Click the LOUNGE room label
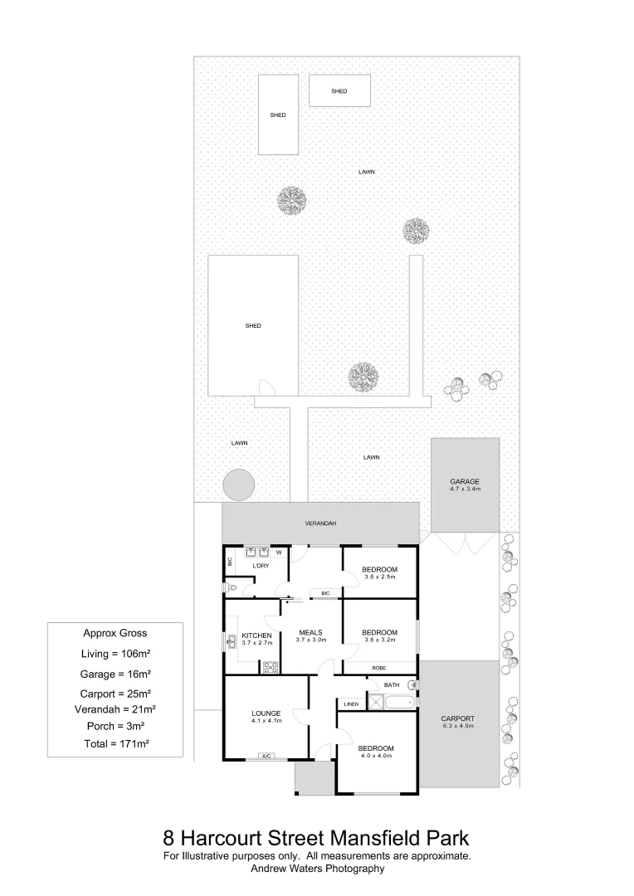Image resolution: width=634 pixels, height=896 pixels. (x=267, y=713)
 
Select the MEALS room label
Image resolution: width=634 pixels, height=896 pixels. (x=311, y=632)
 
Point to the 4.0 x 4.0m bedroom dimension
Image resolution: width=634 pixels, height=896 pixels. (x=377, y=756)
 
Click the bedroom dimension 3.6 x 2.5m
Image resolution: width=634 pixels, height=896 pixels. (x=379, y=577)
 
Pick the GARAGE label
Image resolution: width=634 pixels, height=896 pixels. (x=465, y=481)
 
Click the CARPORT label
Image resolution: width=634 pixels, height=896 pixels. (x=458, y=718)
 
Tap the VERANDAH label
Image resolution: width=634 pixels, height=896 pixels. (x=320, y=523)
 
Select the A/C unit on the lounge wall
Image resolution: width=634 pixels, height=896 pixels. (x=266, y=757)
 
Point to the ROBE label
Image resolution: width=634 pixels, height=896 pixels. (x=379, y=667)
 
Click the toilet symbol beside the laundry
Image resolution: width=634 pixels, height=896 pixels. (x=232, y=587)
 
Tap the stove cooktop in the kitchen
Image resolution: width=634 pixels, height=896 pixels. (x=270, y=666)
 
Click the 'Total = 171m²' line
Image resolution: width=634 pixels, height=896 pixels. (x=115, y=744)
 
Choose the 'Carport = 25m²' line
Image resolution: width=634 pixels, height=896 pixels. (x=115, y=693)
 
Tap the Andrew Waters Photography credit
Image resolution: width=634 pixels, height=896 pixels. (x=317, y=869)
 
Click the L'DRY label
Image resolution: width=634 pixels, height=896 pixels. (x=261, y=566)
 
